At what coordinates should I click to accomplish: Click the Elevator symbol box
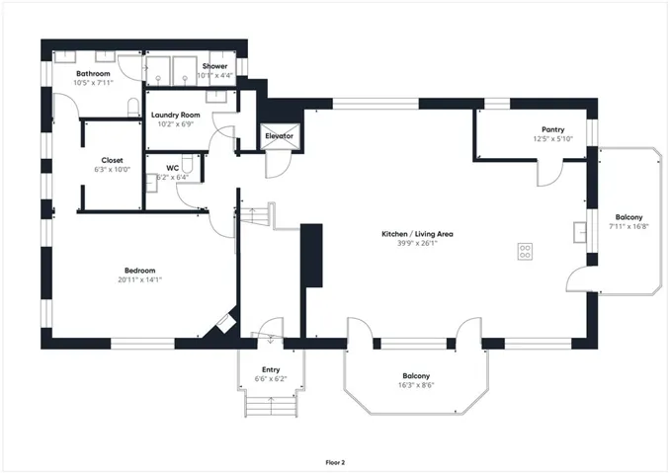[x=280, y=136]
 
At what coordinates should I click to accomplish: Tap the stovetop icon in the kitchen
[x=525, y=252]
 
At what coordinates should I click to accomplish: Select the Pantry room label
[x=553, y=129]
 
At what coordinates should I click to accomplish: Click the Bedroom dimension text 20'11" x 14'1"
[x=139, y=280]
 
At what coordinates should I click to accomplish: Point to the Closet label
[x=112, y=161]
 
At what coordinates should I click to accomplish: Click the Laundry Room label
[x=176, y=115]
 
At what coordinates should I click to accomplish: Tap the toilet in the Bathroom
[x=133, y=108]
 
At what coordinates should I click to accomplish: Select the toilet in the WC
[x=188, y=163]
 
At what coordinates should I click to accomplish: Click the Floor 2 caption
[x=335, y=462]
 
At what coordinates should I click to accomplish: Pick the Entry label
[x=271, y=369]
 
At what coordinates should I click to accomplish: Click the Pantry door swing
[x=549, y=174]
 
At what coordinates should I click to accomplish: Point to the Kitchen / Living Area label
[x=417, y=234]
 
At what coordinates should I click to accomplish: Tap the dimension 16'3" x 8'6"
[x=416, y=385]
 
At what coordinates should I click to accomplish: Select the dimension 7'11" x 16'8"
[x=628, y=227]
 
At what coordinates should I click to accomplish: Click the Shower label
[x=214, y=66]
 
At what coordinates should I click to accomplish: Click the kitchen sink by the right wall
[x=580, y=232]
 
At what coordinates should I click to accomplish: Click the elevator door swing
[x=278, y=164]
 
